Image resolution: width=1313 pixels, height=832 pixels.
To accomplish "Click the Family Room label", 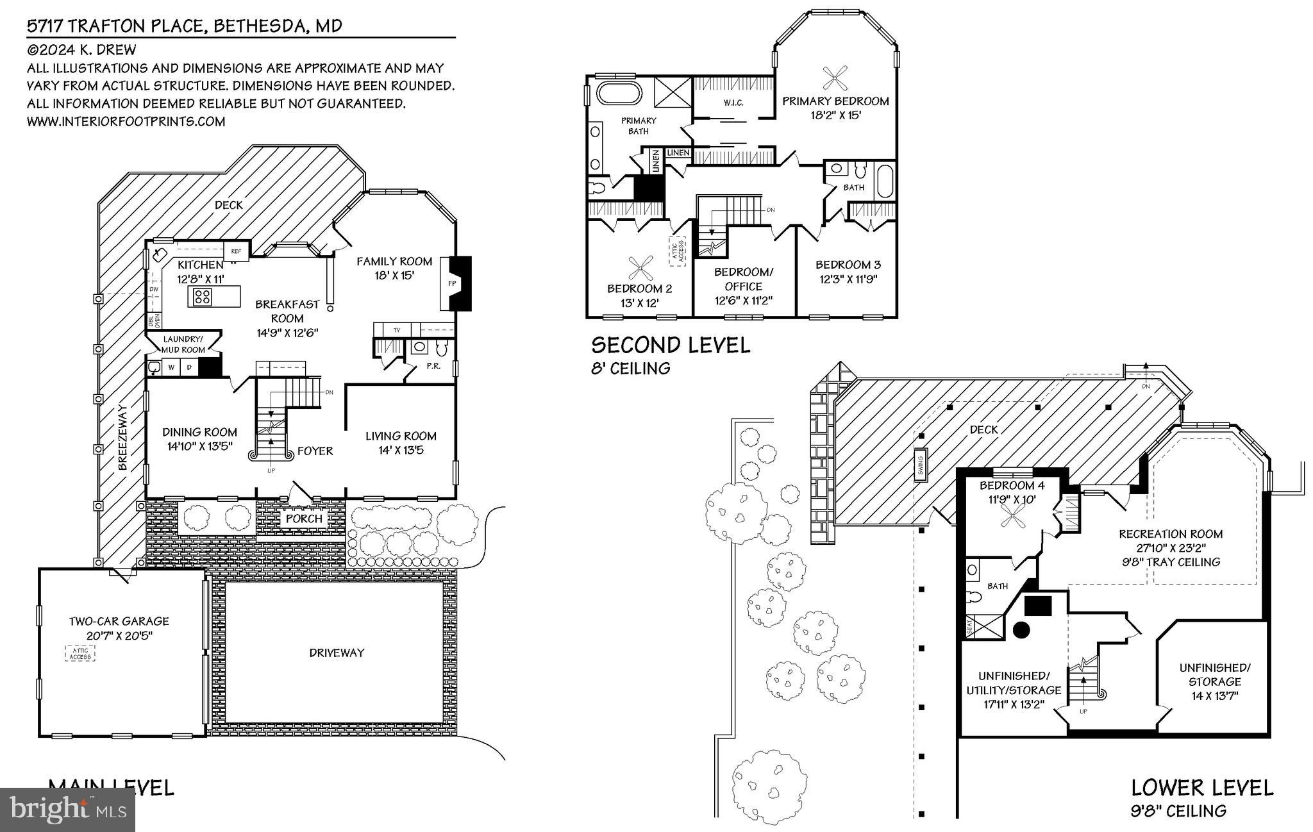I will pyautogui.click(x=394, y=262).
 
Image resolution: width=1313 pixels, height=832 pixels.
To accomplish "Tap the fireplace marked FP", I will pyautogui.click(x=451, y=283).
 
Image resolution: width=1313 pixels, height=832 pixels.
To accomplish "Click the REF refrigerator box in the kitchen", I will pyautogui.click(x=236, y=251).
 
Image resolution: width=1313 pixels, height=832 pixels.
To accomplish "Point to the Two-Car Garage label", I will pyautogui.click(x=119, y=621).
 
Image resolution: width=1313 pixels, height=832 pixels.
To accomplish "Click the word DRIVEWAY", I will pyautogui.click(x=337, y=653).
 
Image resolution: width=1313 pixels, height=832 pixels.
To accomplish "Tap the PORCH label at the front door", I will pyautogui.click(x=304, y=518).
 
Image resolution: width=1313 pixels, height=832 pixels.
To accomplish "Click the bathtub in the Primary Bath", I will pyautogui.click(x=619, y=93).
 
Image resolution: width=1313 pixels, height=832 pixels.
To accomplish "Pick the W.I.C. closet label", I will pyautogui.click(x=733, y=103).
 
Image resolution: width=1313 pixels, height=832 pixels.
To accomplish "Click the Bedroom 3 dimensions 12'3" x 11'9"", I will pyautogui.click(x=848, y=279).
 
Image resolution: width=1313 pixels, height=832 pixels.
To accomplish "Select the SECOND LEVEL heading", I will pyautogui.click(x=671, y=345).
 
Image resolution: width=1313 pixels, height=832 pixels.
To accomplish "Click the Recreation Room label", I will pyautogui.click(x=1171, y=534).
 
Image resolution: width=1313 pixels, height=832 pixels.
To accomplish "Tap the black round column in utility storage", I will pyautogui.click(x=1021, y=630).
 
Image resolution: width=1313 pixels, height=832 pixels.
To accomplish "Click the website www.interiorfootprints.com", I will pyautogui.click(x=126, y=121).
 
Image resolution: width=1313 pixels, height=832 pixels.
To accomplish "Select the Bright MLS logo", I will pyautogui.click(x=67, y=810).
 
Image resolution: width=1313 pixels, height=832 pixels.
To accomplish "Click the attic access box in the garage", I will pyautogui.click(x=80, y=653).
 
